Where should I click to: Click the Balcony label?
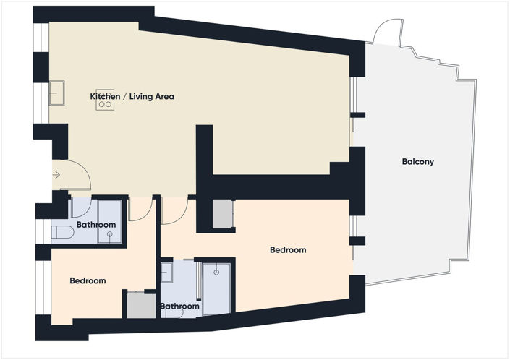coord(417,161)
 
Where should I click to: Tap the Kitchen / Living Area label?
coord(132,96)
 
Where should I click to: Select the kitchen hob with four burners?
coord(105,100)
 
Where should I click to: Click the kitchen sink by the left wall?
coord(57,93)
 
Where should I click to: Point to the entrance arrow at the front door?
coord(56,175)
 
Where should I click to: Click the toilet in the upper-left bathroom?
coord(63,232)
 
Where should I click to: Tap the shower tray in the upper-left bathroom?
coord(110,222)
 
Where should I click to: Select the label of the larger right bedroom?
coord(288,250)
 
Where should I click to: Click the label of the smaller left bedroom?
coord(88,280)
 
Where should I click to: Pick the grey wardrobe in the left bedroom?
coord(141,305)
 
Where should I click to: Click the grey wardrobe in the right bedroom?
coord(223,214)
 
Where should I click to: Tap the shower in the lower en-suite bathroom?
coord(216,289)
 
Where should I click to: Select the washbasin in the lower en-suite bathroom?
coord(166,273)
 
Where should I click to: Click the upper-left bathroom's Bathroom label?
coord(96,225)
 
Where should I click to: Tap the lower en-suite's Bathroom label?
coord(179,306)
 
